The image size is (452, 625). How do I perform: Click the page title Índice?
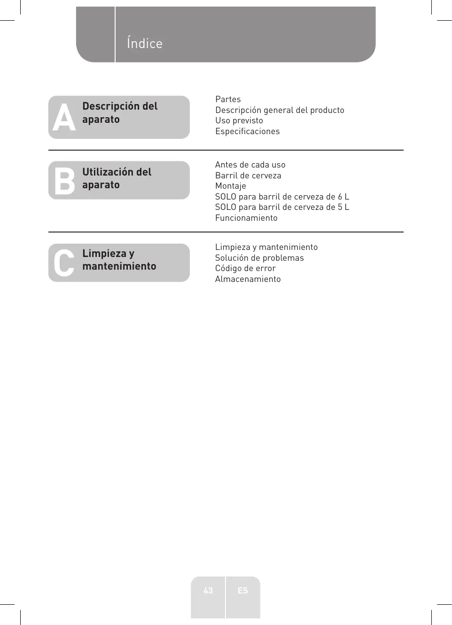pyautogui.click(x=144, y=43)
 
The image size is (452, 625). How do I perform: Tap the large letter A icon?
pyautogui.click(x=64, y=118)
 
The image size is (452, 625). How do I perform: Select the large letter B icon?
pyautogui.click(x=64, y=181)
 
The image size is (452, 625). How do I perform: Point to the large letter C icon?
pyautogui.click(x=64, y=263)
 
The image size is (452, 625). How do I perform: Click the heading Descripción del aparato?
pyautogui.click(x=120, y=112)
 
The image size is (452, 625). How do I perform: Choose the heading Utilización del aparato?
pyautogui.click(x=117, y=178)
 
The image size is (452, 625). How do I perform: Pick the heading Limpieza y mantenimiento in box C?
pyautogui.click(x=119, y=260)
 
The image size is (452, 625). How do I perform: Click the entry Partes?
pyautogui.click(x=228, y=99)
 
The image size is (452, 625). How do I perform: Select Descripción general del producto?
pyautogui.click(x=280, y=110)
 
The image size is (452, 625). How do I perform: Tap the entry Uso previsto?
pyautogui.click(x=239, y=120)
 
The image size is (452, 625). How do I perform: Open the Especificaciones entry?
pyautogui.click(x=247, y=131)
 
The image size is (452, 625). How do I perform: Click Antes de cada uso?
pyautogui.click(x=250, y=165)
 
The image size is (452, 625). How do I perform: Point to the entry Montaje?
pyautogui.click(x=230, y=186)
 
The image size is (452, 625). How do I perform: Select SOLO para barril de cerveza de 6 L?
pyautogui.click(x=282, y=197)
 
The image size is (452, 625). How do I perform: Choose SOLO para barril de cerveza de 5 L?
pyautogui.click(x=282, y=207)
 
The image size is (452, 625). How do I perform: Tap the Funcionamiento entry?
pyautogui.click(x=246, y=218)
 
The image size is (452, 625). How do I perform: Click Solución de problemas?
pyautogui.click(x=259, y=258)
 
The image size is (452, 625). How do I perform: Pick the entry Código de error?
pyautogui.click(x=245, y=268)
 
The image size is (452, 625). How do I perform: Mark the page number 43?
pyautogui.click(x=208, y=590)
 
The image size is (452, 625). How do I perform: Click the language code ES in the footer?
pyautogui.click(x=242, y=590)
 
